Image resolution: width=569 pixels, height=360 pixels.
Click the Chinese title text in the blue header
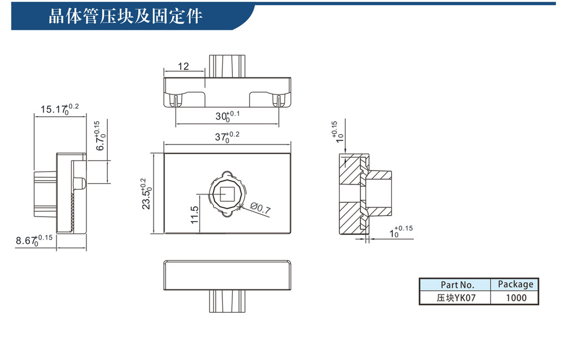coord(126,16)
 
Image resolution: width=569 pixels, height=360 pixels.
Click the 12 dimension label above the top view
coord(183,67)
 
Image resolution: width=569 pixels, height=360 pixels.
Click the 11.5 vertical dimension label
coord(194,214)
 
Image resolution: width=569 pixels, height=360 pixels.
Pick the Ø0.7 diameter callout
coord(260,209)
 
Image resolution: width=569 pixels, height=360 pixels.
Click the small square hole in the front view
coord(227,194)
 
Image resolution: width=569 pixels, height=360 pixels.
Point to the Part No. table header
coord(454,284)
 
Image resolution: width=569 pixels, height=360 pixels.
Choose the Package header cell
coord(515,284)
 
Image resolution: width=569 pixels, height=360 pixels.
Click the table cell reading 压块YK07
coord(454,298)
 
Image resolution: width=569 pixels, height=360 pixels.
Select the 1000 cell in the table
coord(516,298)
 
